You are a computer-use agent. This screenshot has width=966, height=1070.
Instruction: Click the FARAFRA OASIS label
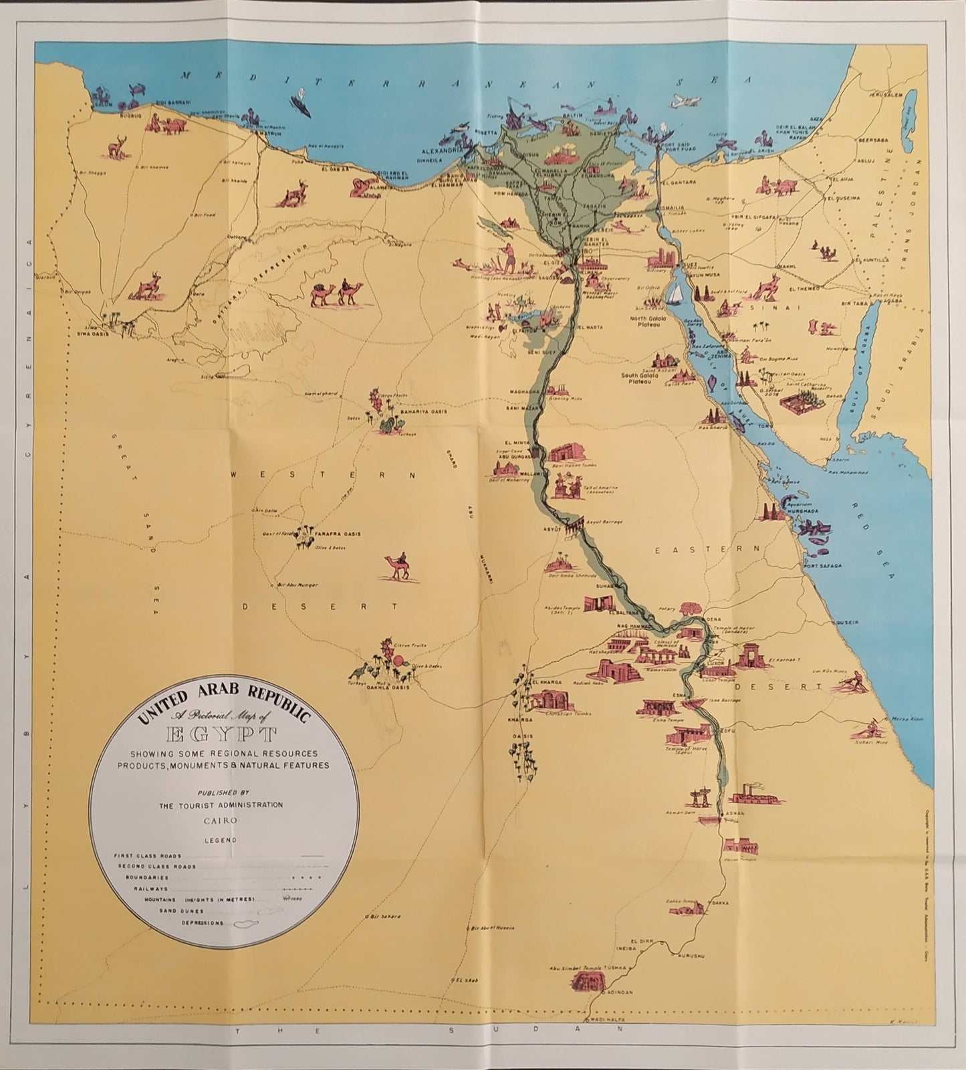pyautogui.click(x=339, y=534)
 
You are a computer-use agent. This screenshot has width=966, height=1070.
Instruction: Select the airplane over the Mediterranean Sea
pyautogui.click(x=683, y=102)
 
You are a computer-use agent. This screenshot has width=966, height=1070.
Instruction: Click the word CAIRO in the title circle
pyautogui.click(x=220, y=819)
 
